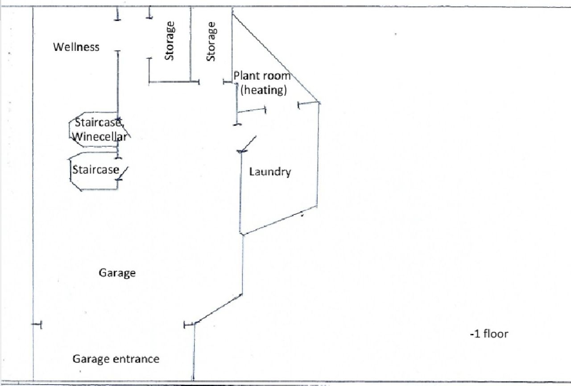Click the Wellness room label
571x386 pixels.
click(76, 47)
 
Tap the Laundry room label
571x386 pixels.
click(270, 172)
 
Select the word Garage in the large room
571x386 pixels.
click(117, 273)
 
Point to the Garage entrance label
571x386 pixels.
click(116, 359)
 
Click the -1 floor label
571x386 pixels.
click(488, 333)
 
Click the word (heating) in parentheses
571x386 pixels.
click(263, 90)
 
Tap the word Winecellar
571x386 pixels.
click(99, 137)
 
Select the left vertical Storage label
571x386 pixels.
click(170, 41)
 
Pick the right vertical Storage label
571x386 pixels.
click(211, 41)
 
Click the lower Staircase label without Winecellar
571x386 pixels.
click(95, 170)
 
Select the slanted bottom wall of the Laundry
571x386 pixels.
click(279, 220)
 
